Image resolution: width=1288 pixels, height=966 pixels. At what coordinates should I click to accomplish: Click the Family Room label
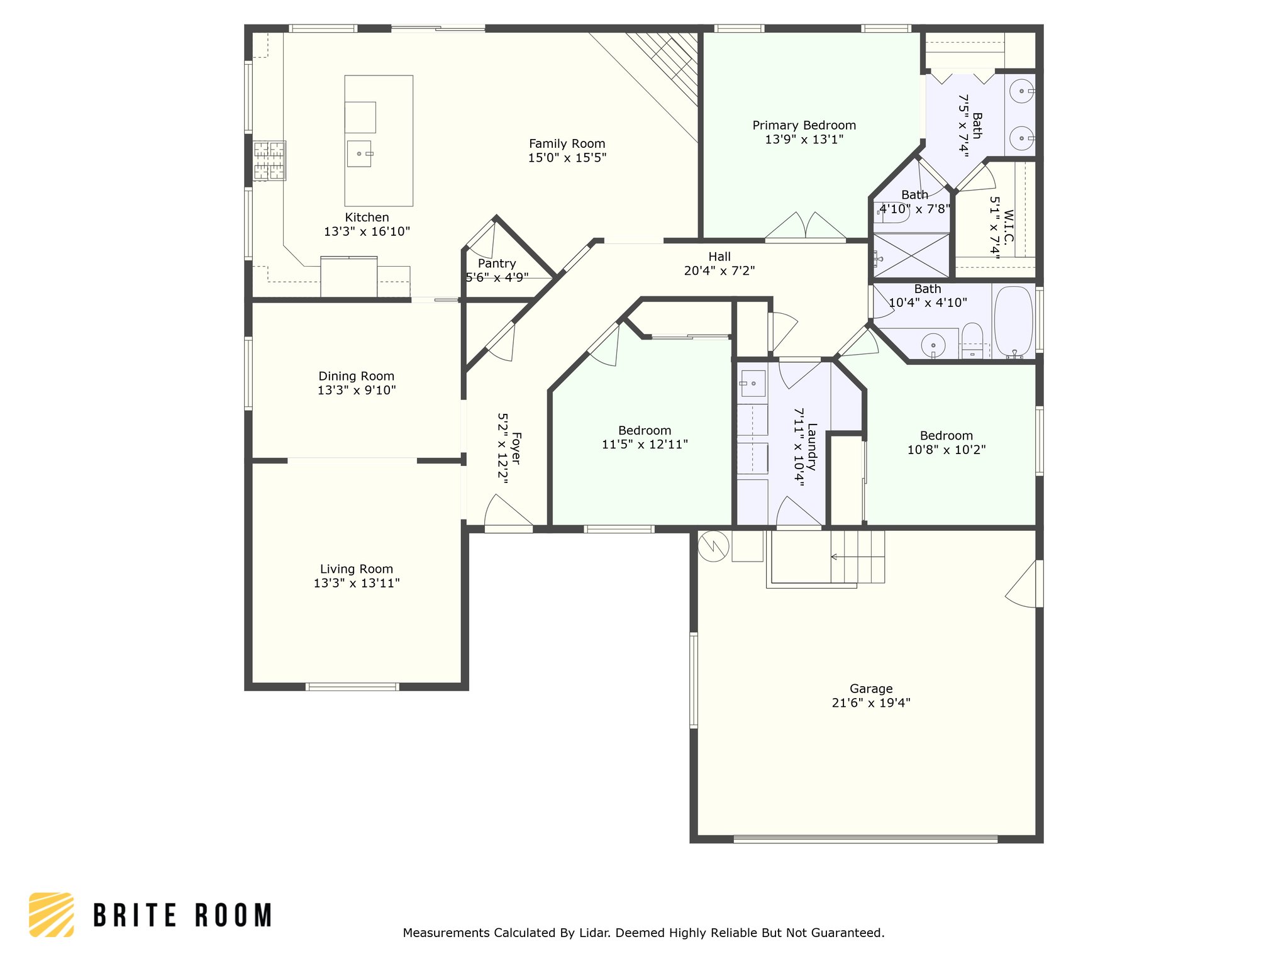[567, 144]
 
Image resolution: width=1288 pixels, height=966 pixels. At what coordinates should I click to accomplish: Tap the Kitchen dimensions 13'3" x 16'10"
[367, 231]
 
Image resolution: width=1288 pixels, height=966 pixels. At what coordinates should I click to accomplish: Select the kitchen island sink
[360, 153]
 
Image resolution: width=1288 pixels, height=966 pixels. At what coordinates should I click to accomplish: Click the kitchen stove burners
[269, 160]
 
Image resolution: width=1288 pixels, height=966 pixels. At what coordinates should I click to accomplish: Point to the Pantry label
[497, 264]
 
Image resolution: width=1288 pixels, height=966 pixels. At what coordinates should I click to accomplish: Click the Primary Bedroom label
[804, 125]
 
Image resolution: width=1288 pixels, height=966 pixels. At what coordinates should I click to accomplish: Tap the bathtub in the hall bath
[1013, 322]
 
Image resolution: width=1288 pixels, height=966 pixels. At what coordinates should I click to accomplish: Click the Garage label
[871, 689]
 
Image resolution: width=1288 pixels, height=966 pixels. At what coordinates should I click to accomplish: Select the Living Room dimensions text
[357, 583]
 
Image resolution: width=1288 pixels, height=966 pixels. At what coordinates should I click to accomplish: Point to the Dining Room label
[356, 376]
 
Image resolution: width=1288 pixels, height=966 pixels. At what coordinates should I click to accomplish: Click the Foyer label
[516, 448]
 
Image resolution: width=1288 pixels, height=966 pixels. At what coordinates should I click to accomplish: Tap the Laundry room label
[812, 447]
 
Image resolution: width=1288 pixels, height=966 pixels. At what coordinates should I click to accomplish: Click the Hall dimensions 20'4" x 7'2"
[719, 270]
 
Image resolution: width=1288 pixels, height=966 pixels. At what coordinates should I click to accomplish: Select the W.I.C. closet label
[1009, 227]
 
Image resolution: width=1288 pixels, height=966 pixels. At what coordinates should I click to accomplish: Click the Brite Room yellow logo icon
[52, 914]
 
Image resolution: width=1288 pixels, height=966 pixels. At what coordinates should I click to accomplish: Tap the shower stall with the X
[911, 255]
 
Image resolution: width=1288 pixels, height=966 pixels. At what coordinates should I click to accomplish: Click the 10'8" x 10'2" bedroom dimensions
[946, 450]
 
